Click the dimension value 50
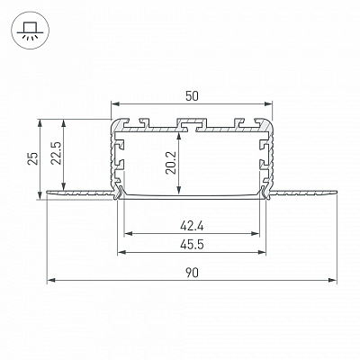[x=192, y=96]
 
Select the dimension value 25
[x=33, y=157]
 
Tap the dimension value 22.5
[x=56, y=153]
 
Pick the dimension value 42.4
[x=192, y=226]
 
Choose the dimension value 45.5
[x=192, y=245]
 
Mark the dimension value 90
[x=192, y=273]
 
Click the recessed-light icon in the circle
[x=28, y=30]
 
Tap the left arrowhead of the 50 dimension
[x=115, y=104]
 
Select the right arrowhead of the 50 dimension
[x=268, y=104]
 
